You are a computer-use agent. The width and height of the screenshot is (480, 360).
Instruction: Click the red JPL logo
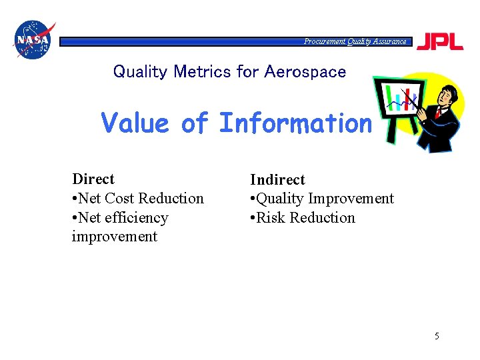tap(439, 41)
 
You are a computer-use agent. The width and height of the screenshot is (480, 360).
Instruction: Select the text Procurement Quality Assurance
tap(355, 41)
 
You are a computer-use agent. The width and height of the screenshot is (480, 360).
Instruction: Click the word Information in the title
tap(295, 123)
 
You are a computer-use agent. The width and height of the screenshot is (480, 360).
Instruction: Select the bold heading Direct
tap(93, 179)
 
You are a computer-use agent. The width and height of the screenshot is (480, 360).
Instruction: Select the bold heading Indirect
tap(277, 180)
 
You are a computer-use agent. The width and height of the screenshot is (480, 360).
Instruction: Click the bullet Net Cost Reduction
tap(138, 199)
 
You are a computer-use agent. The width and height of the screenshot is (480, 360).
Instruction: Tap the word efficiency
tap(137, 218)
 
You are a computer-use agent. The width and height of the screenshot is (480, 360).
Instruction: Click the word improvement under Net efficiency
tap(114, 237)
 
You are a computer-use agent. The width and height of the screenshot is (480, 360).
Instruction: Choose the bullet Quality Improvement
tap(322, 199)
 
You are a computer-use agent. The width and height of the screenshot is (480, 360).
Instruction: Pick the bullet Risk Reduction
tap(303, 218)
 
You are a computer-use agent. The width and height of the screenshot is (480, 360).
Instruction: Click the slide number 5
tap(437, 336)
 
